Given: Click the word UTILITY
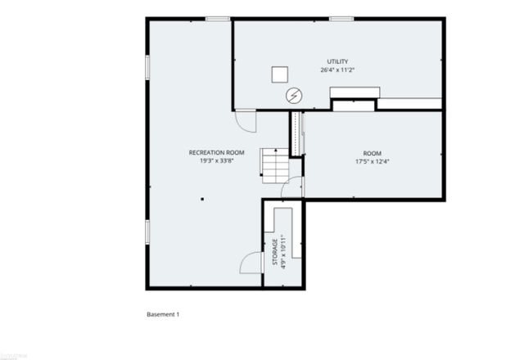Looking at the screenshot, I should pyautogui.click(x=337, y=61).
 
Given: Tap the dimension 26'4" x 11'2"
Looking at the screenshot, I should pyautogui.click(x=337, y=70).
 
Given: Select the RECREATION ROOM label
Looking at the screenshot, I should pyautogui.click(x=217, y=152).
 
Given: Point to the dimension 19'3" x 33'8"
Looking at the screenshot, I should pyautogui.click(x=217, y=161).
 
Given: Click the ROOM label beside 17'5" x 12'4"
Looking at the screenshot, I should pyautogui.click(x=373, y=153).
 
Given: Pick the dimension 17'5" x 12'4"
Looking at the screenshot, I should pyautogui.click(x=373, y=162).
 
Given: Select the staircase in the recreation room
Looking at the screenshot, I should pyautogui.click(x=276, y=165).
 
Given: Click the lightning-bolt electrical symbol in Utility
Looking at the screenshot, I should pyautogui.click(x=292, y=96).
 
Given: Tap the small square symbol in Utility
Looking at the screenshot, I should pyautogui.click(x=280, y=74).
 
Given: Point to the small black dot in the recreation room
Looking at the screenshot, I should pyautogui.click(x=201, y=198).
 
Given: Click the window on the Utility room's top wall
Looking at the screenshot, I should pyautogui.click(x=341, y=19).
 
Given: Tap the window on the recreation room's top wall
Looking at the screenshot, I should pyautogui.click(x=216, y=19).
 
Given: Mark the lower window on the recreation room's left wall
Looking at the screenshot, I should pyautogui.click(x=147, y=232).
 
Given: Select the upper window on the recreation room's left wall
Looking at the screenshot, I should pyautogui.click(x=147, y=67).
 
